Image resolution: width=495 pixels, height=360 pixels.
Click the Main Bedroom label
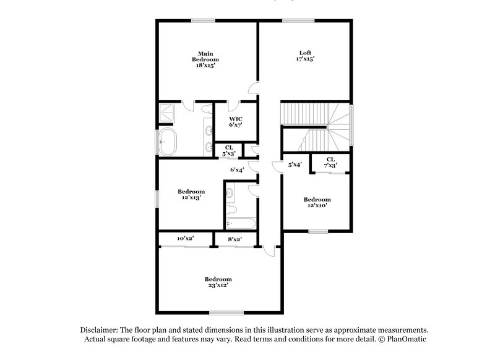205,59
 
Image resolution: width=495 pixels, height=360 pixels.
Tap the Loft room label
304,56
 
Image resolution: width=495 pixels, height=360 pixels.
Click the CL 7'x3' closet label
330,162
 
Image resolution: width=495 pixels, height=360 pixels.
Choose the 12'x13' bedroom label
191,194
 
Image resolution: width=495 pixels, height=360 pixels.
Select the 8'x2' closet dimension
234,239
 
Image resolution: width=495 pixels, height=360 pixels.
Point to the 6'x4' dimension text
237,169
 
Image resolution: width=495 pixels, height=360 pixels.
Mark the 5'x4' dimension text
296,165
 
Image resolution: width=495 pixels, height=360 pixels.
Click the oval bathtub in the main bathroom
169,142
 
